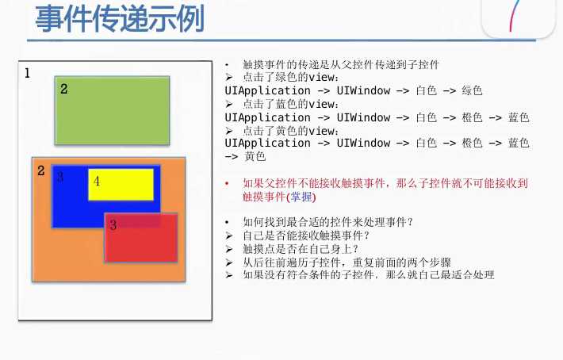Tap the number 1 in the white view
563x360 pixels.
pyautogui.click(x=28, y=74)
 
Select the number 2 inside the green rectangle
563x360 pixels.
pyautogui.click(x=64, y=89)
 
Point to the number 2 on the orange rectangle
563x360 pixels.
pyautogui.click(x=41, y=170)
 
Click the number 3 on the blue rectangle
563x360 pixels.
pyautogui.click(x=60, y=178)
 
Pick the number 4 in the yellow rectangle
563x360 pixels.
pyautogui.click(x=97, y=181)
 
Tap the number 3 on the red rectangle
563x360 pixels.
pyautogui.click(x=113, y=225)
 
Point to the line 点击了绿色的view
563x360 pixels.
pyautogui.click(x=292, y=78)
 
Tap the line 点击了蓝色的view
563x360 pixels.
pyautogui.click(x=292, y=104)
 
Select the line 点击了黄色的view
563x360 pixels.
pyautogui.click(x=292, y=130)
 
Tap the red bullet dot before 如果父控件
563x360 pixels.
pyautogui.click(x=228, y=183)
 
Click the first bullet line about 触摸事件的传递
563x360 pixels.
pyautogui.click(x=341, y=65)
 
